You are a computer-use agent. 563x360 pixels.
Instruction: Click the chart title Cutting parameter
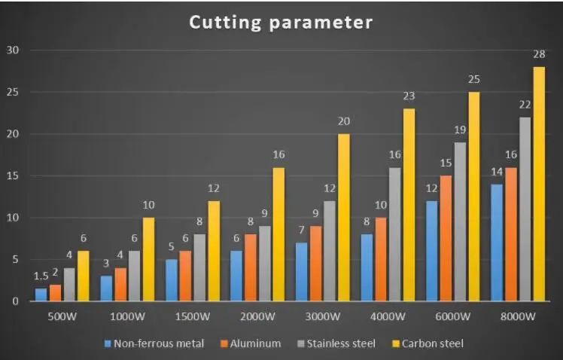pos(281,23)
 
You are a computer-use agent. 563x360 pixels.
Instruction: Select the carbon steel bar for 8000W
pos(539,184)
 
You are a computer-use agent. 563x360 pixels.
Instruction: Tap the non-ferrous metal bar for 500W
pos(41,294)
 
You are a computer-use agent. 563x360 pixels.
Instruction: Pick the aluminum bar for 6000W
pos(446,238)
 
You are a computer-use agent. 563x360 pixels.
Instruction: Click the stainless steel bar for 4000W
pos(394,234)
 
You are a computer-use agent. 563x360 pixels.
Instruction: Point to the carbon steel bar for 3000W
pos(344,218)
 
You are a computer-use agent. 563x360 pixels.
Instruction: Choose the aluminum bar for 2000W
pos(251,267)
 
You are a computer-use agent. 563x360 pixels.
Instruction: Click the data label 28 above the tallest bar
pos(539,54)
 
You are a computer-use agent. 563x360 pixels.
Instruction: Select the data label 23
pos(409,96)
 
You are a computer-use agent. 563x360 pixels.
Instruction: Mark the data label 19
pos(459,130)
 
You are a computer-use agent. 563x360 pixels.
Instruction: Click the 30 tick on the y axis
pos(14,50)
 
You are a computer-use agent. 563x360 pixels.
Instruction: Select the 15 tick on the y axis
pos(14,176)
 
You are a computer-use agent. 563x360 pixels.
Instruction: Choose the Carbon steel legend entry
pos(427,343)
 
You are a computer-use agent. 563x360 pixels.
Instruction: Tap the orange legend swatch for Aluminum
pos(224,343)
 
